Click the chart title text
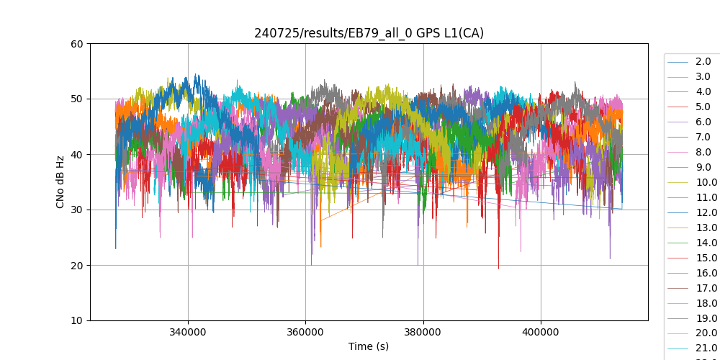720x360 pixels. [x=369, y=33]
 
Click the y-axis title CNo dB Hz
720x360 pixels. [x=60, y=182]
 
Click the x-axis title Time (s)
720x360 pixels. [x=369, y=346]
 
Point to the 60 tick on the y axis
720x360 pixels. [x=77, y=43]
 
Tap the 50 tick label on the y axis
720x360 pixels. [x=77, y=99]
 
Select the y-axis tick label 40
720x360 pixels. [x=77, y=154]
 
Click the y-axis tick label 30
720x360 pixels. [x=77, y=210]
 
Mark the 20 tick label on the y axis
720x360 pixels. [x=77, y=265]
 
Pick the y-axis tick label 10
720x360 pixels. [x=77, y=320]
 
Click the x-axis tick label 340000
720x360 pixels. [x=188, y=333]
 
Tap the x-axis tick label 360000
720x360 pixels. [x=305, y=333]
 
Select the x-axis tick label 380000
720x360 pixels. [x=423, y=333]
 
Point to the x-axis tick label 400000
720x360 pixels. [x=541, y=333]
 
